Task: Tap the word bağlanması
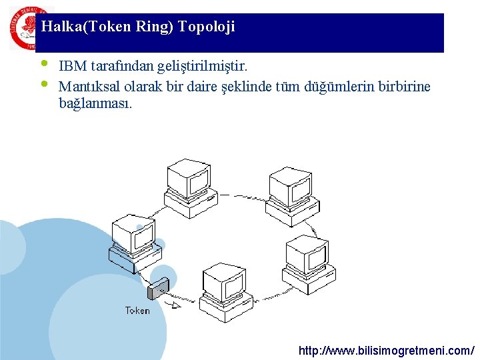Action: [95, 104]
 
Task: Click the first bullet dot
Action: [44, 64]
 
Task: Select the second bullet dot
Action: [44, 84]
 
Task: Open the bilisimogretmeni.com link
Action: [387, 350]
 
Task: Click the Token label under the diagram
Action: [137, 311]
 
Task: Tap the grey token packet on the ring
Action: [158, 288]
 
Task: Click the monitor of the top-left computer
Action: [187, 176]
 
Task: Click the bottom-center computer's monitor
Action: [224, 280]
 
